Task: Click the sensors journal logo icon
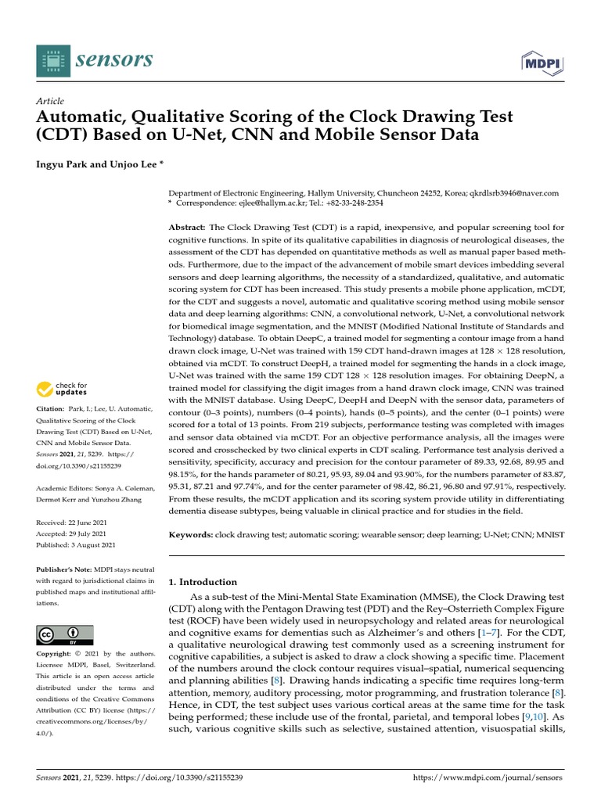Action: (x=52, y=59)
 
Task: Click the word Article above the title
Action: (x=50, y=101)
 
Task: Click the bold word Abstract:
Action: (x=188, y=226)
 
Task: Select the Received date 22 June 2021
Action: (x=90, y=523)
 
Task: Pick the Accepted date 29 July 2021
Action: (x=89, y=533)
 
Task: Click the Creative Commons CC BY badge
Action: (x=65, y=635)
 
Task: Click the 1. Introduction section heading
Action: (x=203, y=582)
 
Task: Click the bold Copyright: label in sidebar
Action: (x=57, y=653)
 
